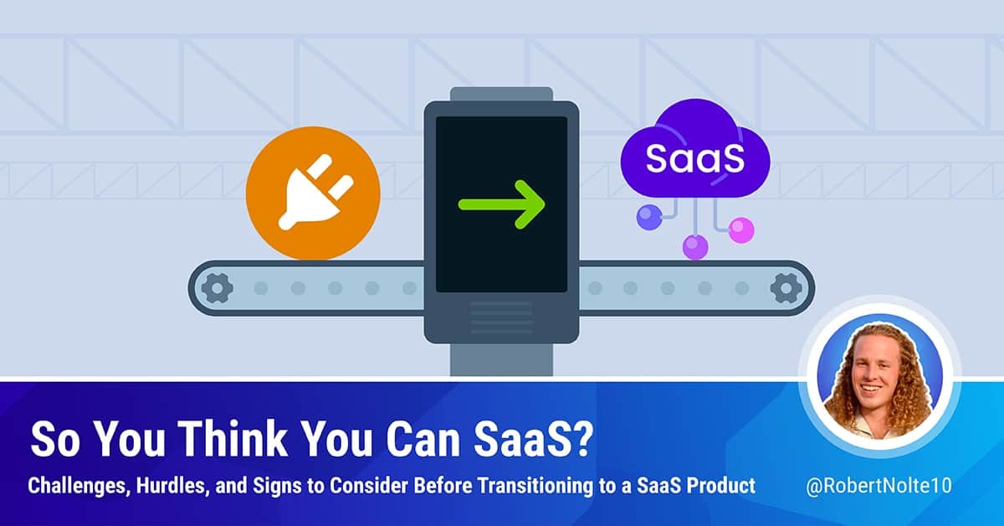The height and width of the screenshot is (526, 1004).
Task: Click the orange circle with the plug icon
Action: [x=314, y=193]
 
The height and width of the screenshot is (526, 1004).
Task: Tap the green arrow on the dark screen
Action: [x=501, y=203]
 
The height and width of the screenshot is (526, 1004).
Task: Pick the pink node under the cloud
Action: [x=740, y=229]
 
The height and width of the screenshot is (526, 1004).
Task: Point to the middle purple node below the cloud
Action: [x=695, y=247]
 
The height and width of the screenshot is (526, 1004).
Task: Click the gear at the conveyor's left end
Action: [x=217, y=288]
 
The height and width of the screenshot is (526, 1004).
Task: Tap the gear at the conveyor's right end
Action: [x=786, y=288]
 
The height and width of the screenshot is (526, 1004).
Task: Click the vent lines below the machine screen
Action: [x=501, y=317]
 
